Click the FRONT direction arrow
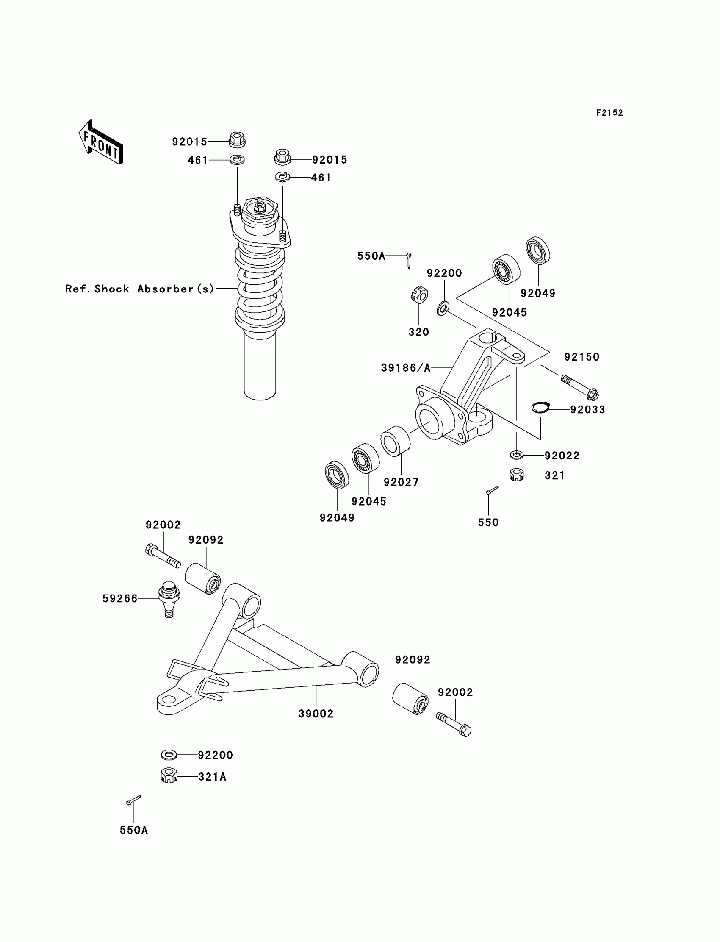[x=101, y=142]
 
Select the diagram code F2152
[x=609, y=113]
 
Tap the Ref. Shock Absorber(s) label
[x=139, y=289]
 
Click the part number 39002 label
[x=316, y=714]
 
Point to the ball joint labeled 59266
[x=169, y=599]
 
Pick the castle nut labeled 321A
[x=169, y=775]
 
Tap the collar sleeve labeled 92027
[x=395, y=441]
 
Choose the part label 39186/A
[x=405, y=368]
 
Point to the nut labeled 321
[x=517, y=475]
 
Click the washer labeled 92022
[x=517, y=454]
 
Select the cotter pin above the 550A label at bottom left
[x=133, y=800]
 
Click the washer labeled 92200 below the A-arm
[x=169, y=754]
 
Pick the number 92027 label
[x=401, y=482]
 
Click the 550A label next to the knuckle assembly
[x=371, y=256]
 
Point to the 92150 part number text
[x=582, y=357]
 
